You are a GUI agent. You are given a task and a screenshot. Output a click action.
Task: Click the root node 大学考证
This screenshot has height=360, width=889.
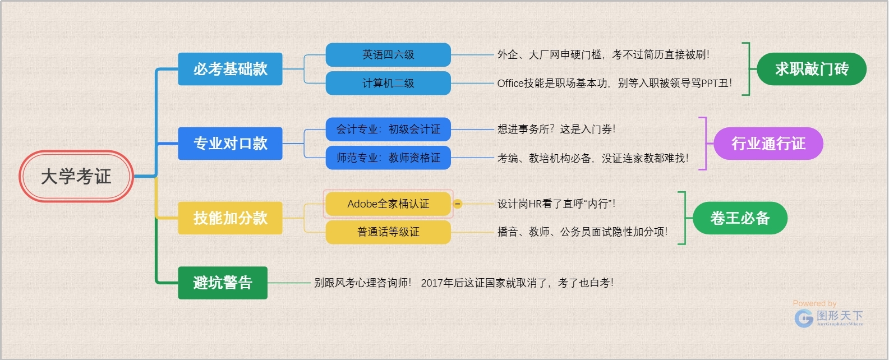[76, 177]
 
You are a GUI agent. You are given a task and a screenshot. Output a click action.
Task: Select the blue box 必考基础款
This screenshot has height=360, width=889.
[230, 69]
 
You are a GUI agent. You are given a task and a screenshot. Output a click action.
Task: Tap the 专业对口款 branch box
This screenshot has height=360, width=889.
[230, 144]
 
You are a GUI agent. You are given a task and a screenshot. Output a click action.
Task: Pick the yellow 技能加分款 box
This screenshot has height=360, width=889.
[230, 218]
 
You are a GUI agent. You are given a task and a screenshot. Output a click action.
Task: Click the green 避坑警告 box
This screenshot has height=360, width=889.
[222, 283]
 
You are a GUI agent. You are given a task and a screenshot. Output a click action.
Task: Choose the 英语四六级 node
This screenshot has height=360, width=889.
[388, 55]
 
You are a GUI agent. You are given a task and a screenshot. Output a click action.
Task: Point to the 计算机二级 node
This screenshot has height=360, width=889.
[388, 84]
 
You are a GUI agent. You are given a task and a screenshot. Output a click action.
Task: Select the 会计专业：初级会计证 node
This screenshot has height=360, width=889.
[388, 130]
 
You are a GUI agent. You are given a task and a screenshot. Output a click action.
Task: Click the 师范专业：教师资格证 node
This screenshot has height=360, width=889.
[388, 158]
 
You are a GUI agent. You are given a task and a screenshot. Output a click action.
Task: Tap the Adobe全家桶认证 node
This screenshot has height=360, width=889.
[388, 204]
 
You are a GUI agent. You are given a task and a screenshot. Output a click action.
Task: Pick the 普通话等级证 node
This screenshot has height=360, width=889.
[388, 232]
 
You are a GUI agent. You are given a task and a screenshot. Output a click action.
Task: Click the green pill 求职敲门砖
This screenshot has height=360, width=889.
[812, 69]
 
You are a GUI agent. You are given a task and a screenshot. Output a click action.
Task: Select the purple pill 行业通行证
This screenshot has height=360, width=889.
[768, 144]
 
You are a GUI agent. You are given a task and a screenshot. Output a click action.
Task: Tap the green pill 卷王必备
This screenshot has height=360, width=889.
[740, 218]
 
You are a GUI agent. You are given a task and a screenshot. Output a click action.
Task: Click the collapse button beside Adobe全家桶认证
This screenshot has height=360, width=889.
[458, 204]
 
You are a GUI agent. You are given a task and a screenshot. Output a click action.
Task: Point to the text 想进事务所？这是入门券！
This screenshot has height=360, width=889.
[556, 130]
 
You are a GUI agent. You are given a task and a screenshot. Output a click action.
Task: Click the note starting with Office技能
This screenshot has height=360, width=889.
[614, 84]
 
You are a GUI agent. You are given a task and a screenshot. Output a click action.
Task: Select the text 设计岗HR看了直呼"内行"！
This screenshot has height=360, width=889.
[556, 204]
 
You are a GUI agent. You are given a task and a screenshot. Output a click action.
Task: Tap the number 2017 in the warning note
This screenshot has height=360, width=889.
[432, 283]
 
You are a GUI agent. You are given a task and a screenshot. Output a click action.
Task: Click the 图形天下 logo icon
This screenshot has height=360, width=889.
[804, 319]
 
